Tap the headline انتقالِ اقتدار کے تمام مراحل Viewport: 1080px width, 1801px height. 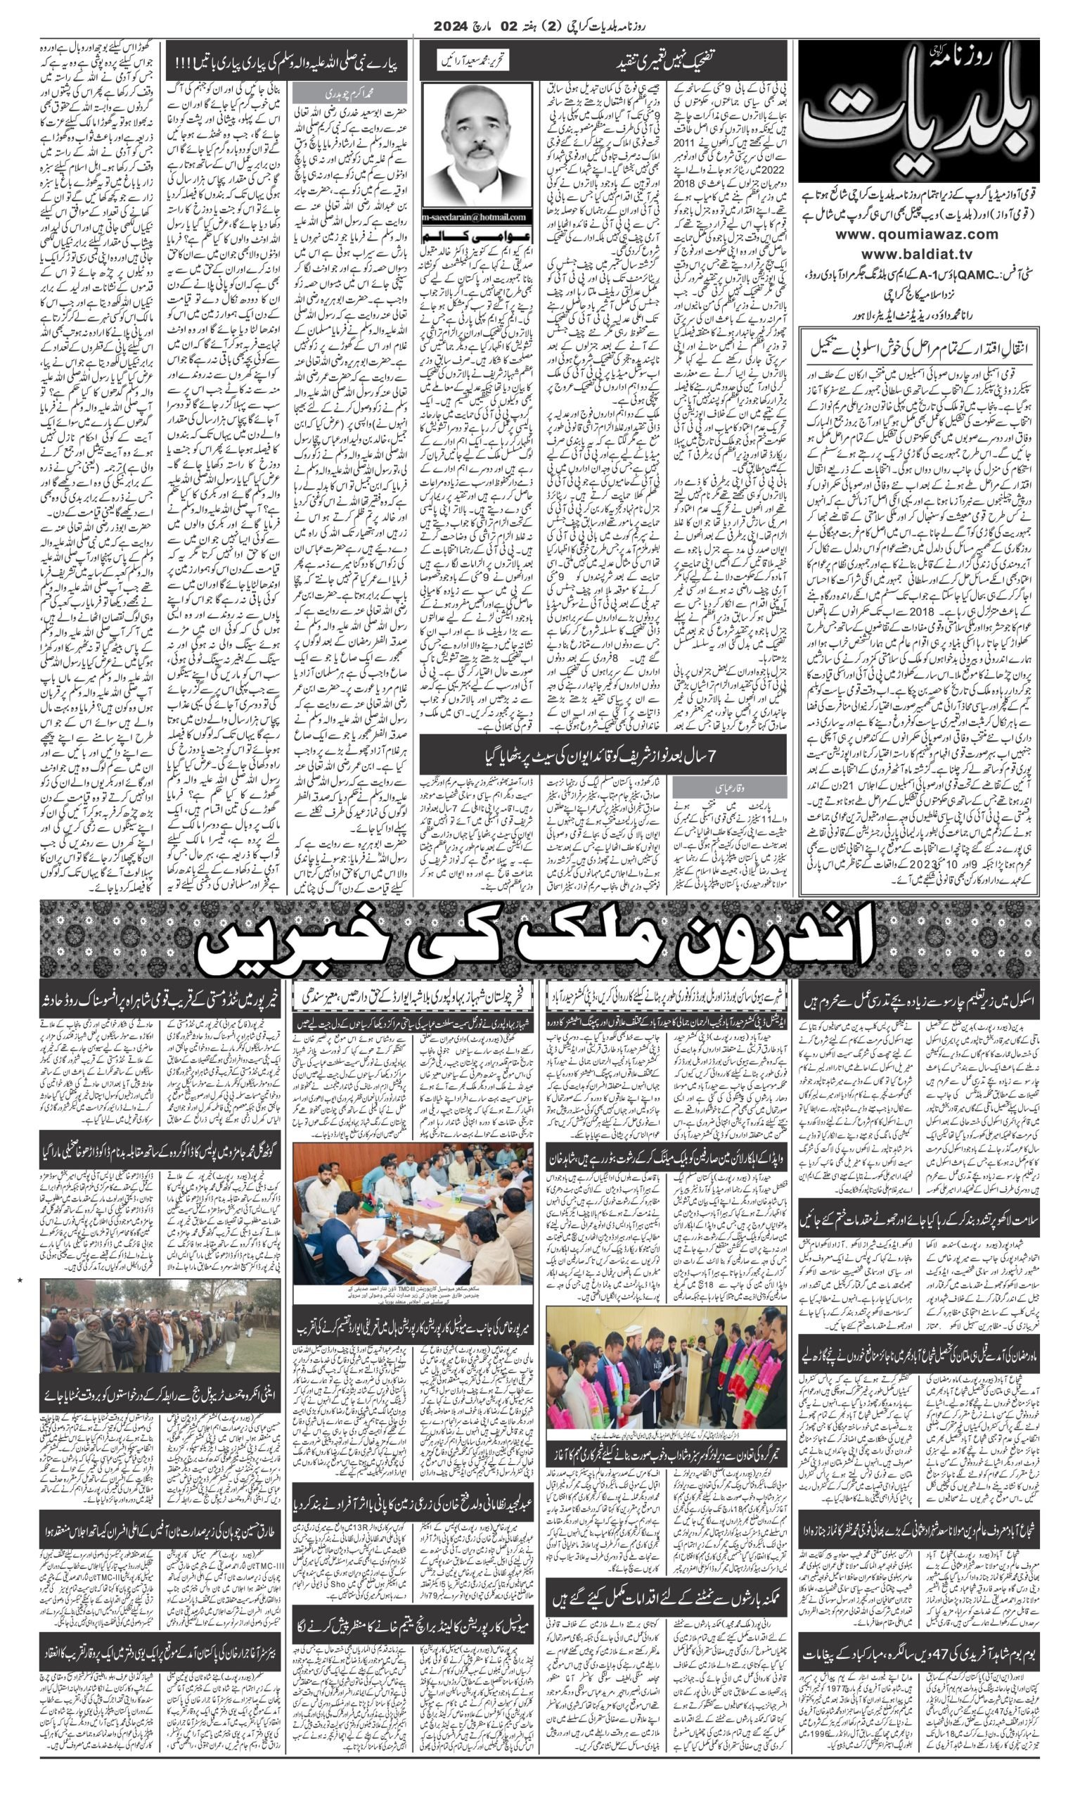919,348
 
